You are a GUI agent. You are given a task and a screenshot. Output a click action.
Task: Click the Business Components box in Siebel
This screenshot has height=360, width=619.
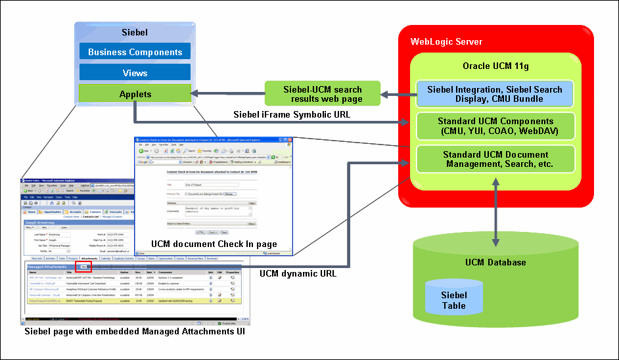click(x=135, y=52)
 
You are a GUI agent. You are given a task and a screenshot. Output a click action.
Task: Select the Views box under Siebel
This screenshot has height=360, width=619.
click(x=135, y=73)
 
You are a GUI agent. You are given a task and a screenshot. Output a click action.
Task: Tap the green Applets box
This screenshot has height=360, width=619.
click(x=135, y=94)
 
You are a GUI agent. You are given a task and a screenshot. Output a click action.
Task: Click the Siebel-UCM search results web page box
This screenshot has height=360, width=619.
click(x=322, y=93)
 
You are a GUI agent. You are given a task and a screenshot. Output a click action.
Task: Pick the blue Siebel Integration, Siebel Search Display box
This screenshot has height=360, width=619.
click(x=495, y=94)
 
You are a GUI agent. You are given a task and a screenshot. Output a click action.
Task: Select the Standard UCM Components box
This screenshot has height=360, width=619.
click(x=495, y=125)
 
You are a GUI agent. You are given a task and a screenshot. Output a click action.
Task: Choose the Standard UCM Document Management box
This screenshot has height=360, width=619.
click(x=495, y=158)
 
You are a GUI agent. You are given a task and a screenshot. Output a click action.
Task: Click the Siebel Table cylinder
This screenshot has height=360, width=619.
click(x=454, y=300)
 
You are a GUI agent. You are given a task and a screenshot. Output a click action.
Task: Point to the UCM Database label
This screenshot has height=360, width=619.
click(x=495, y=262)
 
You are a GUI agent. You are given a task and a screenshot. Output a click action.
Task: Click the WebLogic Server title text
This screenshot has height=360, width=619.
click(x=446, y=41)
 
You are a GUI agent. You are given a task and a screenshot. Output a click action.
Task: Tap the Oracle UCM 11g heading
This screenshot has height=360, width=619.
click(x=495, y=66)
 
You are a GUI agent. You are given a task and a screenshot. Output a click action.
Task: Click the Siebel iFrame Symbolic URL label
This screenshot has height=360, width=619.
click(x=292, y=114)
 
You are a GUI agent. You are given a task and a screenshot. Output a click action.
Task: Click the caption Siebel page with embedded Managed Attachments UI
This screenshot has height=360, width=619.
click(x=135, y=332)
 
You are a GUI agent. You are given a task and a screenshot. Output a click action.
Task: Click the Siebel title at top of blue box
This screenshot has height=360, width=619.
click(x=135, y=32)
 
